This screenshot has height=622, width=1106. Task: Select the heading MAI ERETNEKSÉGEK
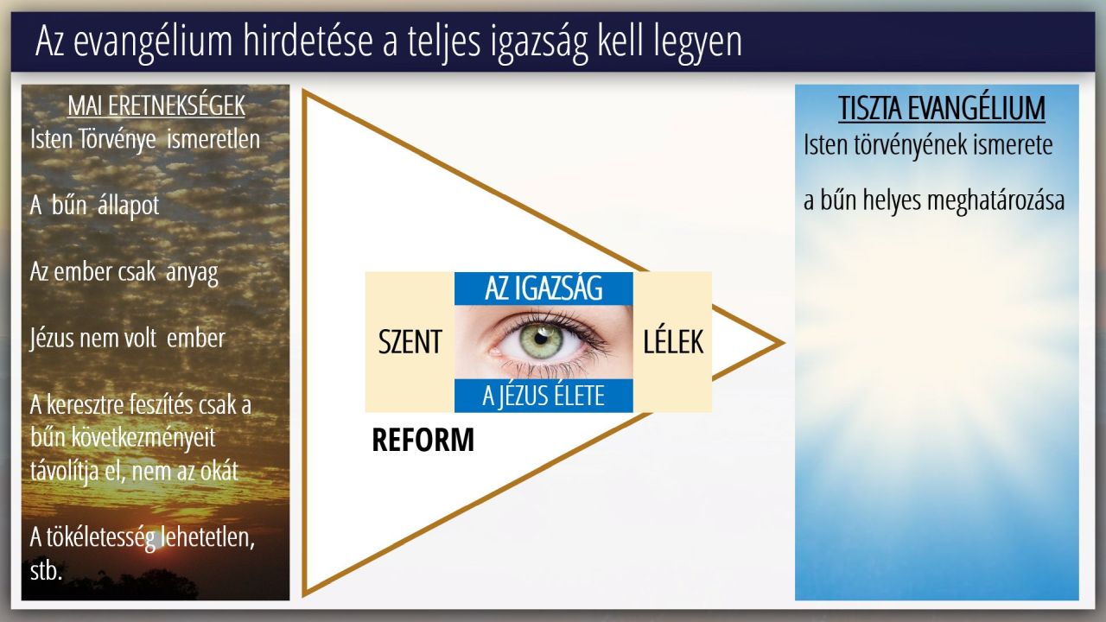156,106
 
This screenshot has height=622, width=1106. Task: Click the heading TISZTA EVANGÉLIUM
942,108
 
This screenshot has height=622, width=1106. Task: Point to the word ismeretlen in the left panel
213,139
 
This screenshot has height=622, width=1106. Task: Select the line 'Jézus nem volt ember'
127,339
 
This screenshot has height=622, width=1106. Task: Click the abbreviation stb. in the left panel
46,571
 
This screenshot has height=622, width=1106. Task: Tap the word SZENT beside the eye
410,342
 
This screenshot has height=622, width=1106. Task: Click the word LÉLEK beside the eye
673,341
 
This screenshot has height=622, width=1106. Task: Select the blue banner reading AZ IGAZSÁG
543,289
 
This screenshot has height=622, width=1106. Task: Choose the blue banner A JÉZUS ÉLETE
543,396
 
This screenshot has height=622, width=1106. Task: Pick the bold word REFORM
423,440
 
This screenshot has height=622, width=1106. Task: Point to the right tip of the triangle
784,343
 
